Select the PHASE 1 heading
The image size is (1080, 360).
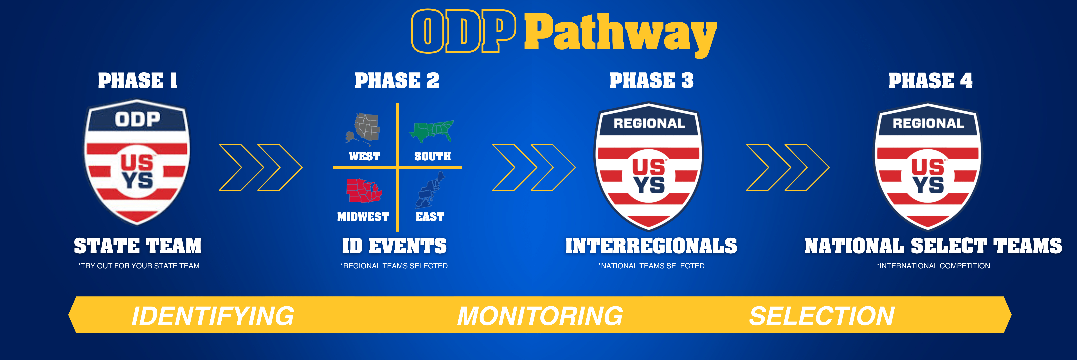click(x=138, y=80)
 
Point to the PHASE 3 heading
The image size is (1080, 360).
click(x=651, y=80)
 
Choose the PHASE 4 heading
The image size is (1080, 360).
click(x=930, y=80)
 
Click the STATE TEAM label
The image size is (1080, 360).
click(x=138, y=246)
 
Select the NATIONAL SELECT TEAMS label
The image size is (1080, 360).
click(x=933, y=246)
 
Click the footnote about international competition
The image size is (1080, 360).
click(x=933, y=266)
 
